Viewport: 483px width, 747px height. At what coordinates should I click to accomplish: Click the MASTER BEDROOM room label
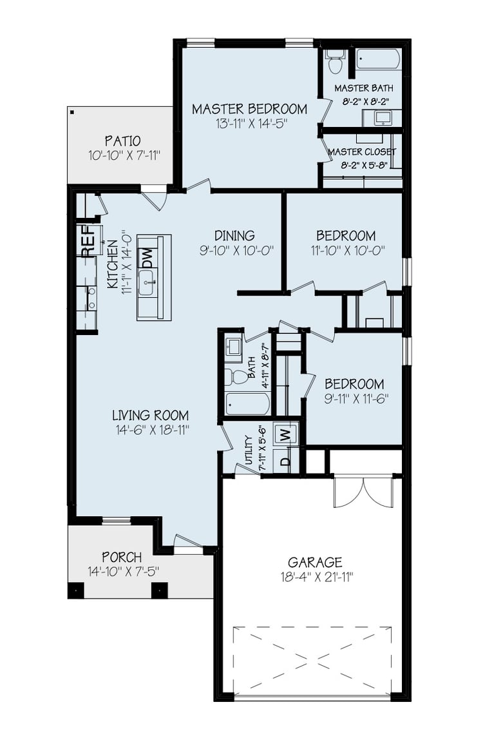click(x=249, y=108)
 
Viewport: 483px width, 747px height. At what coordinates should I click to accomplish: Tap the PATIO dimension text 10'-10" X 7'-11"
click(x=124, y=155)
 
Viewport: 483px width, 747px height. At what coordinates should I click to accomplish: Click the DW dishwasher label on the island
click(x=147, y=258)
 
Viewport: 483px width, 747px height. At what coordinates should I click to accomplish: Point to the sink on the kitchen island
click(x=147, y=282)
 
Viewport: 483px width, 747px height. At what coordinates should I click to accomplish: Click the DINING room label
click(x=235, y=235)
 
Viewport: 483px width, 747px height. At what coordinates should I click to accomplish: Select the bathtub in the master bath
click(x=379, y=60)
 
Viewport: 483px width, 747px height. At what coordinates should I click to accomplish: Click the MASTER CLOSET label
click(x=362, y=152)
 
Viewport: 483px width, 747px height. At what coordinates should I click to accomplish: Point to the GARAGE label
click(x=315, y=562)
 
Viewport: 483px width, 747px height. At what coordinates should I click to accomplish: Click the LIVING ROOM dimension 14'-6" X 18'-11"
click(x=151, y=430)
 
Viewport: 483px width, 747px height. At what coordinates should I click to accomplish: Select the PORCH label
click(x=122, y=556)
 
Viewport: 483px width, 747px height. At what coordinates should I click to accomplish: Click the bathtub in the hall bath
click(x=247, y=404)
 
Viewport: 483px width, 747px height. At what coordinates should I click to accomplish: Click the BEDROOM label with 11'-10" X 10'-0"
click(x=346, y=235)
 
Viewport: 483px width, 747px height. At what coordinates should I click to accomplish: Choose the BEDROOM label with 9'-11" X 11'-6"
click(x=354, y=383)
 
